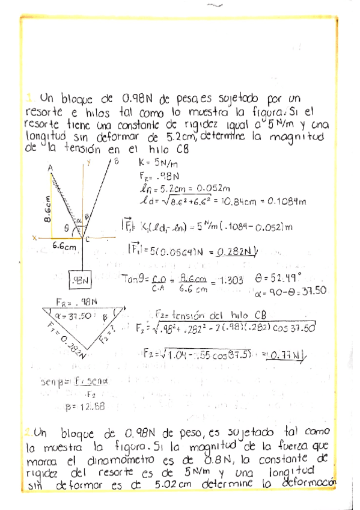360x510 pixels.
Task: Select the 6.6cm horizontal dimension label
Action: pyautogui.click(x=64, y=246)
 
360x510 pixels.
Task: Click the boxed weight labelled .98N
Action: pyautogui.click(x=82, y=280)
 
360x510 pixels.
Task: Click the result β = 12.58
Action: pyautogui.click(x=84, y=407)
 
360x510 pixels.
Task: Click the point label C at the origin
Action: pyautogui.click(x=87, y=240)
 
